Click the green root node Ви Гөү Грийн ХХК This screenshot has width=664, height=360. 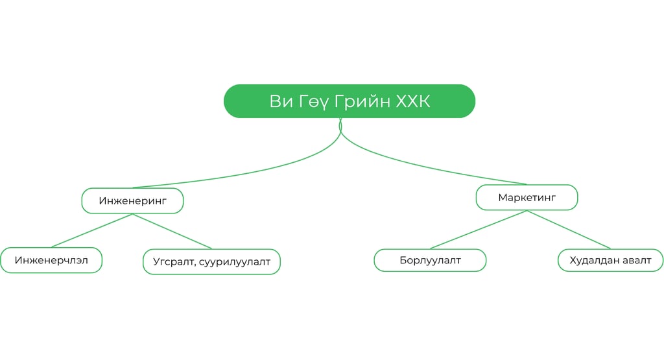[350, 101]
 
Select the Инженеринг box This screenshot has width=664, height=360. [132, 201]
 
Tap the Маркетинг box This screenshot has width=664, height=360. [527, 197]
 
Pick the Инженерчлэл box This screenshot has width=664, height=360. [51, 260]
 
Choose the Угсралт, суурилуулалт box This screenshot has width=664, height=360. [211, 262]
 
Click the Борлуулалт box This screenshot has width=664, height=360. [430, 260]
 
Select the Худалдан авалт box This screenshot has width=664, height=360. [610, 260]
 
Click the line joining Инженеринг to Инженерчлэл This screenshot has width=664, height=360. [92, 230]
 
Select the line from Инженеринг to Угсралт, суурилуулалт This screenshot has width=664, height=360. [172, 231]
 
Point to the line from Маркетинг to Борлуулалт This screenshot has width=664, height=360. [479, 229]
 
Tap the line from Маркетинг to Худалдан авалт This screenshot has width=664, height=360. [569, 229]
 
